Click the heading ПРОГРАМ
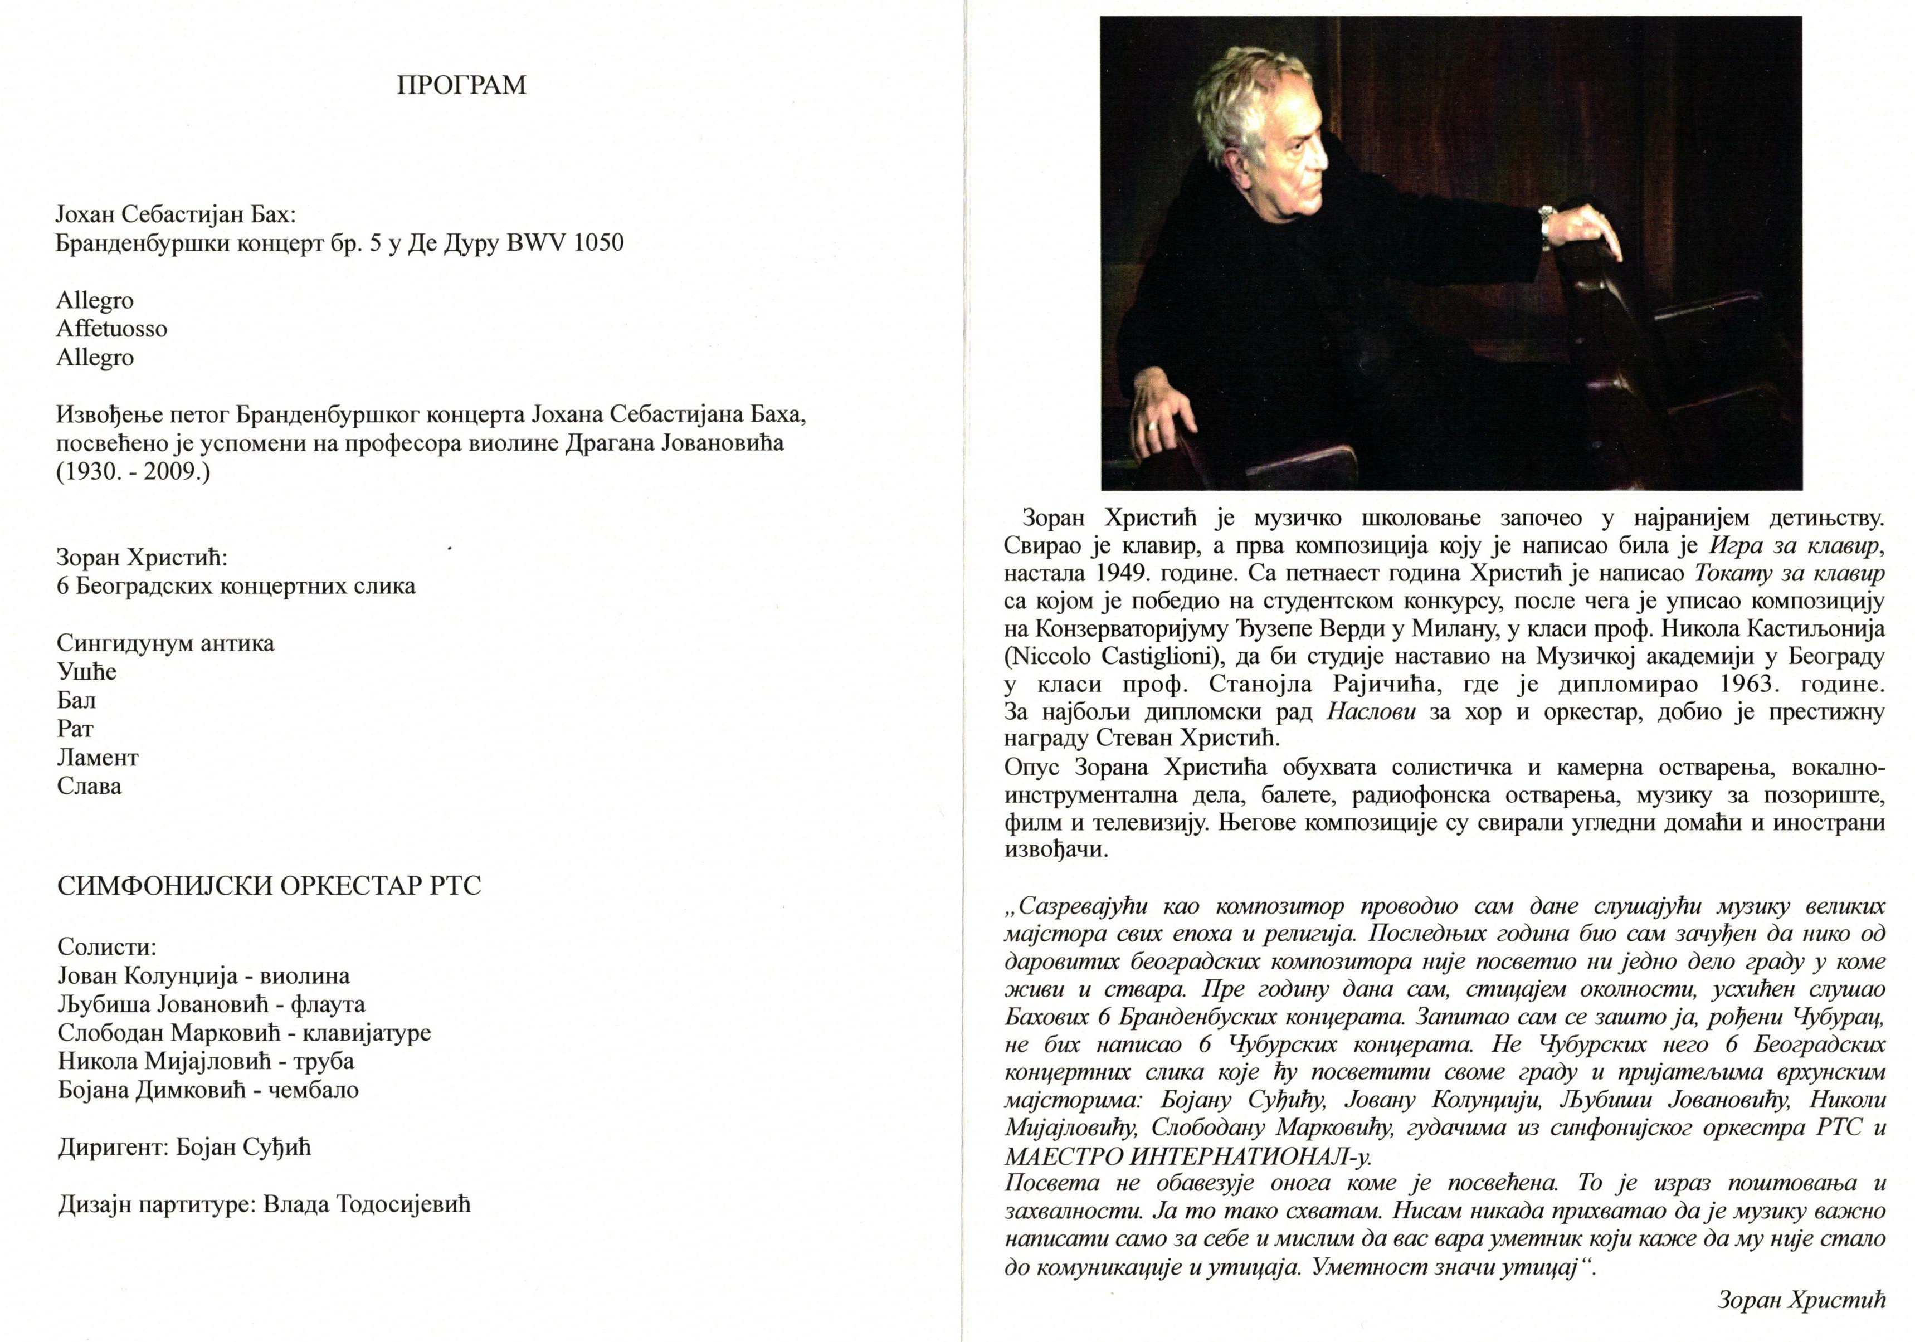pyautogui.click(x=461, y=86)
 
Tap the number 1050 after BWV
pyautogui.click(x=598, y=243)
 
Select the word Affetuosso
pyautogui.click(x=112, y=329)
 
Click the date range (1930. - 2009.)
pyautogui.click(x=134, y=471)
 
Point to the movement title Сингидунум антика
pyautogui.click(x=165, y=643)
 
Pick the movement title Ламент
pyautogui.click(x=98, y=757)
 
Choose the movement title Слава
pyautogui.click(x=89, y=785)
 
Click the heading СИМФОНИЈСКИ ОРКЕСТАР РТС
pyautogui.click(x=270, y=886)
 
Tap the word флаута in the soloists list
pyautogui.click(x=328, y=1004)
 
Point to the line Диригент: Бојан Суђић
pyautogui.click(x=184, y=1148)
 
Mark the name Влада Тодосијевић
pyautogui.click(x=367, y=1204)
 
